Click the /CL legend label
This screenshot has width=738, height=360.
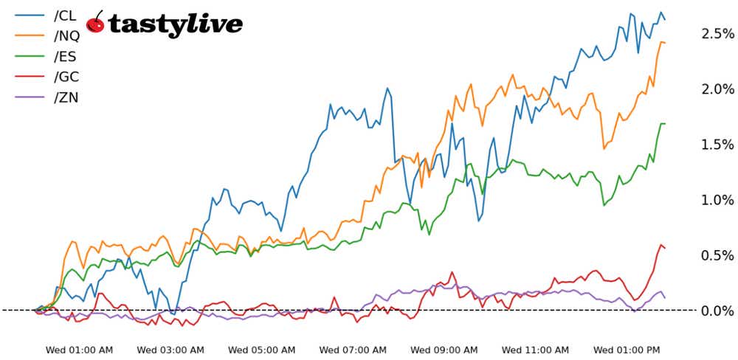pos(65,15)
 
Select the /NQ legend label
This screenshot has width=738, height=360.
pos(66,35)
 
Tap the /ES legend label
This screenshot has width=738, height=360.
pos(65,56)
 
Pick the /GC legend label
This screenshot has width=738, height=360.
pos(66,77)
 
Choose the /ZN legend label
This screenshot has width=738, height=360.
pos(66,97)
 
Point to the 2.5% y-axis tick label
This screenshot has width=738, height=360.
pos(718,34)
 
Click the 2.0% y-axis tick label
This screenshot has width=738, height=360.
pos(718,89)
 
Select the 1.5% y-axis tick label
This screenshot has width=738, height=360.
pos(718,145)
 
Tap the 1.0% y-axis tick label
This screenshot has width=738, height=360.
pos(718,200)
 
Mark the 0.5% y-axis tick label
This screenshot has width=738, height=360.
pos(718,255)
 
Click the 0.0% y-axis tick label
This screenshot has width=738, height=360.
pos(718,311)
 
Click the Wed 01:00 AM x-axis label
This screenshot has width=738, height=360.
pos(80,349)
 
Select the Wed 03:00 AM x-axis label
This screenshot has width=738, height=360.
pos(171,349)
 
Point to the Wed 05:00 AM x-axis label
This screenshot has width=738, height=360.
pos(262,349)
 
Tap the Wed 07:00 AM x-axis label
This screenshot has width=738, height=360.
pos(354,349)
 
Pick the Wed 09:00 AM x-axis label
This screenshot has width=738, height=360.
pos(444,349)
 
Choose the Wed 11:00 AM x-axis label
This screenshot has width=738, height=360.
pos(535,349)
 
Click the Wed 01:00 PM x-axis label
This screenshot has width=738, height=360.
pos(627,349)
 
